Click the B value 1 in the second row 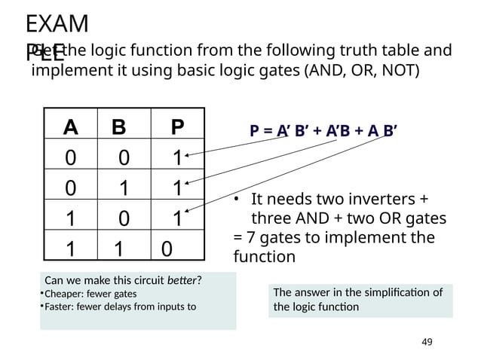[x=119, y=188]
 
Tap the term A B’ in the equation [x=382, y=133]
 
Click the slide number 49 [x=427, y=343]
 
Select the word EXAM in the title [x=56, y=24]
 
